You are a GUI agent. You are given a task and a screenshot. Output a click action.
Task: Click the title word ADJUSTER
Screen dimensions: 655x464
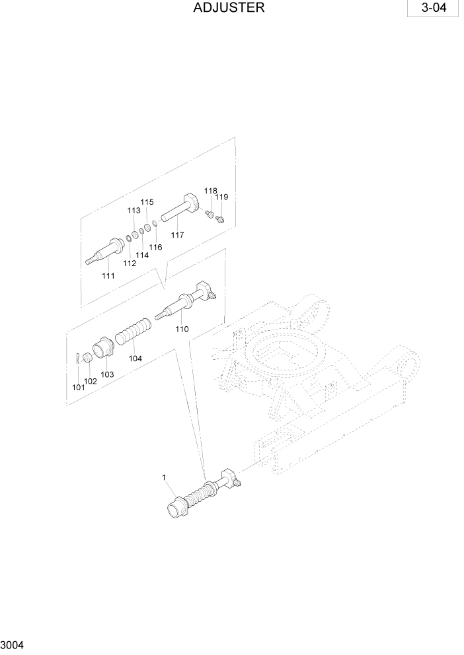point(230,9)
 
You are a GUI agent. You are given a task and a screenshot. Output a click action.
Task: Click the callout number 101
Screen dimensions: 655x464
point(79,388)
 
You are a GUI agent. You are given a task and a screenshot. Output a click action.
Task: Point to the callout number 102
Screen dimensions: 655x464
point(91,381)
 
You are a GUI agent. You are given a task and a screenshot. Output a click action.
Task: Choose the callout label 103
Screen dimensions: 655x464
point(107,374)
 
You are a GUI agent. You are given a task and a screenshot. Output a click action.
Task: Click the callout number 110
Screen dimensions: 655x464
point(182,328)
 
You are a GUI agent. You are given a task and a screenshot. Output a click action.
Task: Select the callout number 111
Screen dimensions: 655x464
point(108,275)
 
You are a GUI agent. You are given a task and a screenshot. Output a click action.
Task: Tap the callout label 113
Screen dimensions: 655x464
point(134,211)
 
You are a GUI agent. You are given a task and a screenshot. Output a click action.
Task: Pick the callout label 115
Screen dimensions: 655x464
point(147,202)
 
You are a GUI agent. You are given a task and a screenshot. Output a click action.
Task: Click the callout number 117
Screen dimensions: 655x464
point(177,234)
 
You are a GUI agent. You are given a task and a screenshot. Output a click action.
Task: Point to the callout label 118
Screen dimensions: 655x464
point(210,190)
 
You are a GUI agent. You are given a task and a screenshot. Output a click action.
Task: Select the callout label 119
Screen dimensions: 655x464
point(221,197)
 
